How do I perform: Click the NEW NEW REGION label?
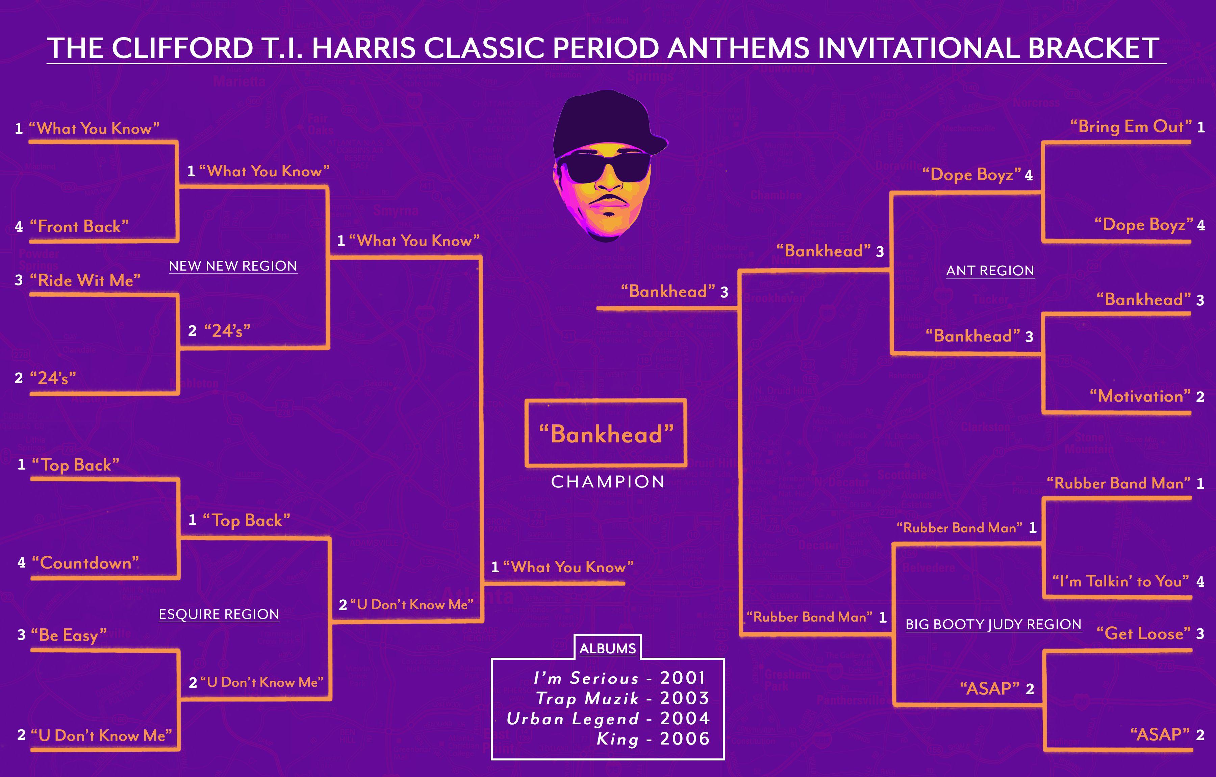tap(233, 266)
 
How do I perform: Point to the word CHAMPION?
tap(608, 482)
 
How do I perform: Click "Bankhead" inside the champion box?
tap(606, 434)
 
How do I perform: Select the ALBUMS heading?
tap(608, 649)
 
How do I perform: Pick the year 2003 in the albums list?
tap(685, 698)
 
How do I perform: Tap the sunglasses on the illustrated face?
tap(604, 167)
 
